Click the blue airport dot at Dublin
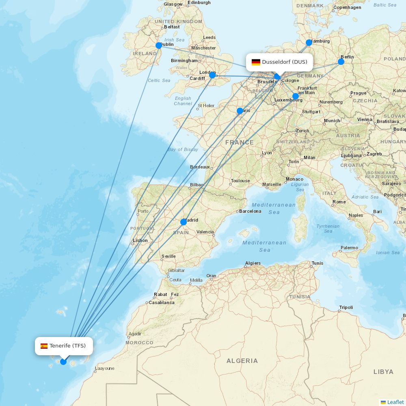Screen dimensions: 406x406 [x=159, y=45]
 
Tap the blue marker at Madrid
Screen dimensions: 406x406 [x=184, y=222]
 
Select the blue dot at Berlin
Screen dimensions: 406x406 [x=341, y=62]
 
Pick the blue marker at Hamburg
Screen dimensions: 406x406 [x=309, y=43]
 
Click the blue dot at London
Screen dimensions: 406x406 [x=212, y=75]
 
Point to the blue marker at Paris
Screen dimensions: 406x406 [x=240, y=111]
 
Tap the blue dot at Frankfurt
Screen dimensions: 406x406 [x=296, y=97]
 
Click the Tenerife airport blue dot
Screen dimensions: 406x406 [x=63, y=362]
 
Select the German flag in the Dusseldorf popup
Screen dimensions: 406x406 [x=256, y=62]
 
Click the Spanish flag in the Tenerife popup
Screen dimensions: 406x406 [x=44, y=346]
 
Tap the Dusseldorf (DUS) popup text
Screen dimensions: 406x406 [x=285, y=62]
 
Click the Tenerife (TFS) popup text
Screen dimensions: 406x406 [x=68, y=346]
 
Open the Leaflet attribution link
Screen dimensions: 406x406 [x=395, y=402]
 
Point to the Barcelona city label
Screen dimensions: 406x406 [x=250, y=211]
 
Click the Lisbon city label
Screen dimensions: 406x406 [x=140, y=240]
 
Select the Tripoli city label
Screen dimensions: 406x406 [x=346, y=307]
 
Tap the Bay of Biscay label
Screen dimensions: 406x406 [x=183, y=149]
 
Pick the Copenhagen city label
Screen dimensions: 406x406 [x=347, y=7]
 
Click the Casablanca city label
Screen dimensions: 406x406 [x=162, y=302]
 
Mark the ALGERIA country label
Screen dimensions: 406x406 [x=242, y=361]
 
